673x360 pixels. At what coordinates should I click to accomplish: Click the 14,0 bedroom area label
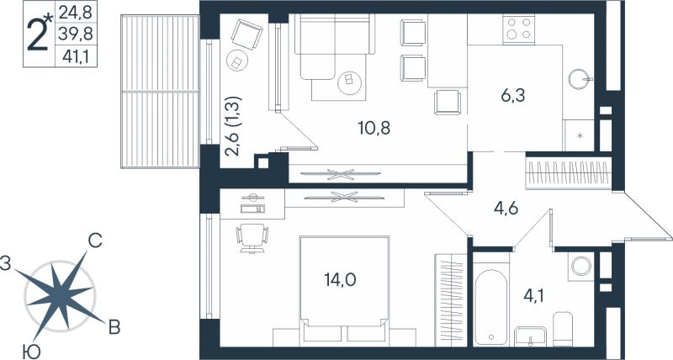click(340, 280)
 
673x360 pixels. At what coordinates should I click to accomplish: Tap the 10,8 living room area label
click(374, 128)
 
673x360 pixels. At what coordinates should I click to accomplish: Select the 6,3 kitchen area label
click(512, 96)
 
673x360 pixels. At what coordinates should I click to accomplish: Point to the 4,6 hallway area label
click(506, 209)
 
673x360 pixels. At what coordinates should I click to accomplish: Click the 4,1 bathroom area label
click(533, 295)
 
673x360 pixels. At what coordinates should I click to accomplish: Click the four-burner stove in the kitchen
click(519, 29)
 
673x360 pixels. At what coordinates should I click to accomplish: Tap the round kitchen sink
click(580, 79)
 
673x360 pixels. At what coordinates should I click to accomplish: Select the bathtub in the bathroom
click(490, 306)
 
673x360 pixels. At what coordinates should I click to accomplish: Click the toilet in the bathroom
click(563, 328)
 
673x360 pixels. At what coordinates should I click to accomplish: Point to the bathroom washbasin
click(531, 336)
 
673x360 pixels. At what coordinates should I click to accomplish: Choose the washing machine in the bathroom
click(581, 267)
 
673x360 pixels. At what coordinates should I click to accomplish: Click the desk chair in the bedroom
click(252, 239)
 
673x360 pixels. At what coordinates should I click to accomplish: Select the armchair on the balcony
click(246, 34)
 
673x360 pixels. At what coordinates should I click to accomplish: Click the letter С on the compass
click(95, 241)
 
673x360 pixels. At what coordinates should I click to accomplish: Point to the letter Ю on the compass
click(32, 352)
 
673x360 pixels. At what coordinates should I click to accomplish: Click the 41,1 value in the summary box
click(75, 56)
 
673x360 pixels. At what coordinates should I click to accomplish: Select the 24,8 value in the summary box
click(76, 13)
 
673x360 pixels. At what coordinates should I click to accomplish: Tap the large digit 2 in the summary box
click(37, 35)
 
